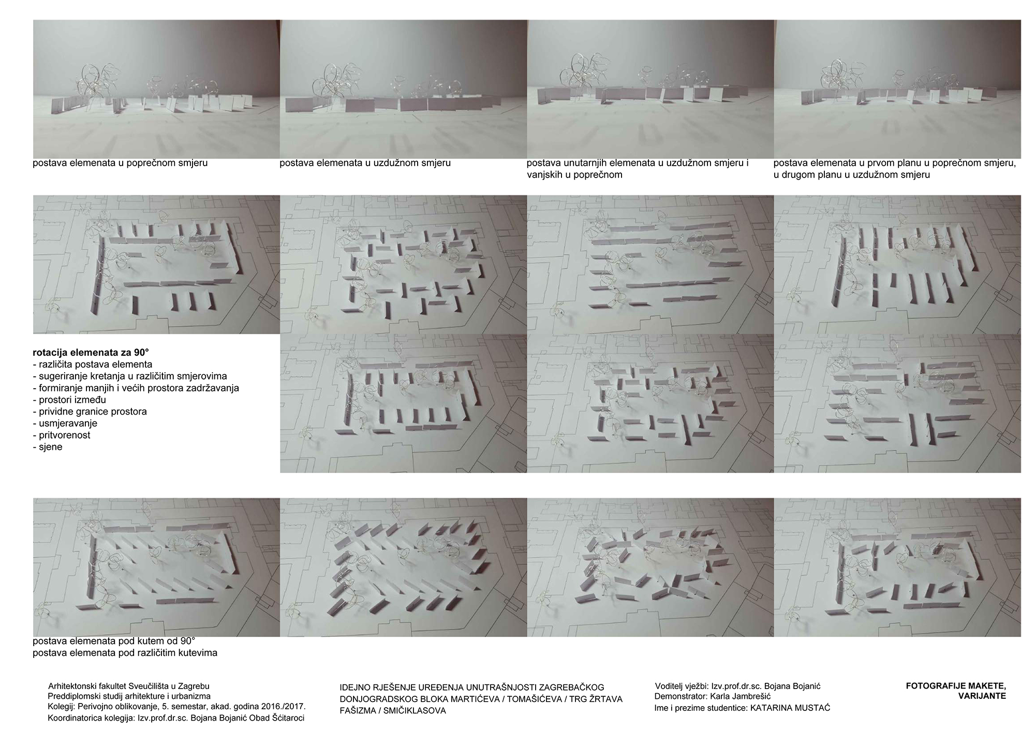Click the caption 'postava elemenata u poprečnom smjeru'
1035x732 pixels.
(x=120, y=163)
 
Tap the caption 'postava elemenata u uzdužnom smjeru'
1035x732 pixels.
(x=365, y=163)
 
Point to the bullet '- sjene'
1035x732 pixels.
(x=47, y=447)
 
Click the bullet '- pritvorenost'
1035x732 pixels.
(x=61, y=435)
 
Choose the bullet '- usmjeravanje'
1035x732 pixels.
(x=65, y=423)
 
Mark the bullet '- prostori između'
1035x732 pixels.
(x=69, y=400)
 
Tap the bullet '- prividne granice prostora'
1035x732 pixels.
(x=90, y=412)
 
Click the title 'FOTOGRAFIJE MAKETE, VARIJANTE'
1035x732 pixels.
(x=956, y=691)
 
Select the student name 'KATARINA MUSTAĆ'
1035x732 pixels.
(x=790, y=708)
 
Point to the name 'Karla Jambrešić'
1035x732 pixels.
(x=741, y=697)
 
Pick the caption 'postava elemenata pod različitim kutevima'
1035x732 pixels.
(x=125, y=653)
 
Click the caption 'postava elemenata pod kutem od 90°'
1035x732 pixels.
(x=114, y=641)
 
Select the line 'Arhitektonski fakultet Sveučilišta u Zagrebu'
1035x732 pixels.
(x=128, y=686)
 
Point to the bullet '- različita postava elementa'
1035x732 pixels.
(x=92, y=364)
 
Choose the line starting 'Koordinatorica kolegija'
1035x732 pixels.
(x=176, y=718)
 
